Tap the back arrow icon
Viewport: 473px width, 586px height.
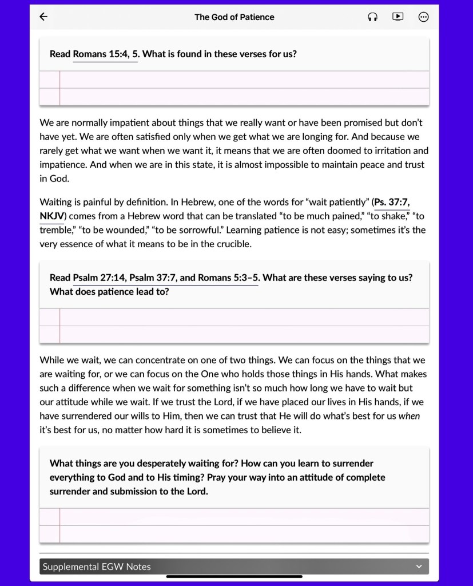43,17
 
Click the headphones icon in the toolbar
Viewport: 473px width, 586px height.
372,17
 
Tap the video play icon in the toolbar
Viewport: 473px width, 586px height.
398,17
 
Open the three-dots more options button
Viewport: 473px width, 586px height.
423,17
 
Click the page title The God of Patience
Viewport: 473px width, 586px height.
234,17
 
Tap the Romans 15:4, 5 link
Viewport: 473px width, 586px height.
105,54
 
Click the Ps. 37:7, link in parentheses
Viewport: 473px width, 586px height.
391,202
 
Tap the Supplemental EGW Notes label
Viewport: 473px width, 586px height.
97,567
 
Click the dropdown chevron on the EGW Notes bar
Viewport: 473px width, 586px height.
419,567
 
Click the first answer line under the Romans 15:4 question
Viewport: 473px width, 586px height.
244,79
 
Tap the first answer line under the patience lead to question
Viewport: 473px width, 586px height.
244,317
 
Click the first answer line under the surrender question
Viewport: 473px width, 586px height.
244,517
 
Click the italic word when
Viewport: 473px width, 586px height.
409,416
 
